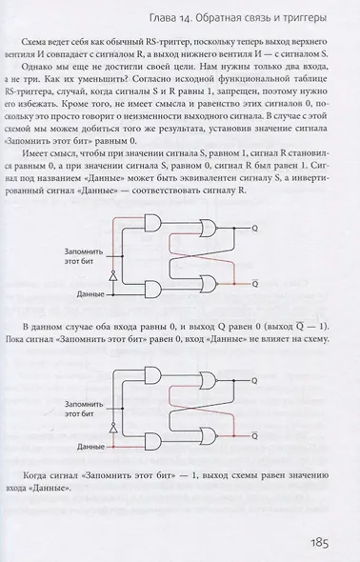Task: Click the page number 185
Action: (x=319, y=544)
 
